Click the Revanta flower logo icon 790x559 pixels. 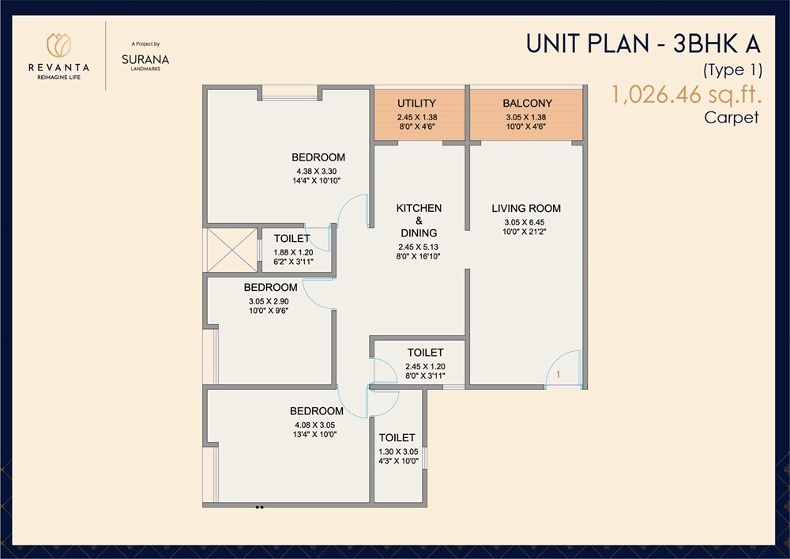[x=59, y=44]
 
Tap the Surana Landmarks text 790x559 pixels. [x=145, y=59]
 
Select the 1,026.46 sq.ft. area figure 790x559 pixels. [x=685, y=96]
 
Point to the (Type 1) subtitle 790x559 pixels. [x=732, y=70]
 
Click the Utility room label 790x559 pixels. [x=416, y=104]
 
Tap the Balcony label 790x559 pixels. [x=527, y=104]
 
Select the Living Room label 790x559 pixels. [x=526, y=209]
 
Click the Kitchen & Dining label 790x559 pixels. [x=419, y=220]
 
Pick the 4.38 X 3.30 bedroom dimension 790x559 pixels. [x=318, y=172]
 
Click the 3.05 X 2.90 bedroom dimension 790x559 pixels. [x=270, y=301]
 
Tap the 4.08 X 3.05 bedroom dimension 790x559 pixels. [x=316, y=425]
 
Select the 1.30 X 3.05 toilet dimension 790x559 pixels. [x=397, y=451]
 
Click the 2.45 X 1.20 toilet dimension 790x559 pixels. [x=425, y=367]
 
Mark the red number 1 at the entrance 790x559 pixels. [x=559, y=374]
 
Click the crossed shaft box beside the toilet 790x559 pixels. [x=231, y=250]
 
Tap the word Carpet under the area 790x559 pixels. [x=732, y=118]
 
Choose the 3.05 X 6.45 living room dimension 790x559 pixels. [x=526, y=222]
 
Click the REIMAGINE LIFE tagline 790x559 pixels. [x=59, y=77]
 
